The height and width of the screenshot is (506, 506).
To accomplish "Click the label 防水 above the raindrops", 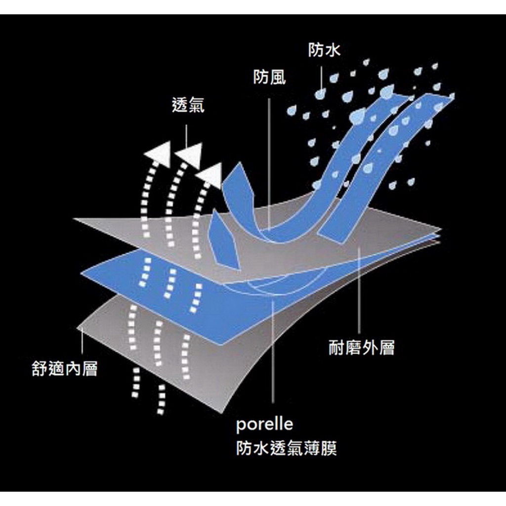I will [325, 50].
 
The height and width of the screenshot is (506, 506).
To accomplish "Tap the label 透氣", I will [188, 106].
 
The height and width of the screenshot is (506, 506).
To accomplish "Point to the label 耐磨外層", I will [362, 348].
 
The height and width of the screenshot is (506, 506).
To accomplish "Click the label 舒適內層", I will [64, 369].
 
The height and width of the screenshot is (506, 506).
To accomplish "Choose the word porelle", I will [264, 424].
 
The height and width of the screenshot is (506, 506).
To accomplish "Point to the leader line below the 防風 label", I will [269, 158].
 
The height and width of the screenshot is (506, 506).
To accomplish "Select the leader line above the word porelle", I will [273, 356].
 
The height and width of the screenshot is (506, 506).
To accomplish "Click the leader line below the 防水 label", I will [322, 74].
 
